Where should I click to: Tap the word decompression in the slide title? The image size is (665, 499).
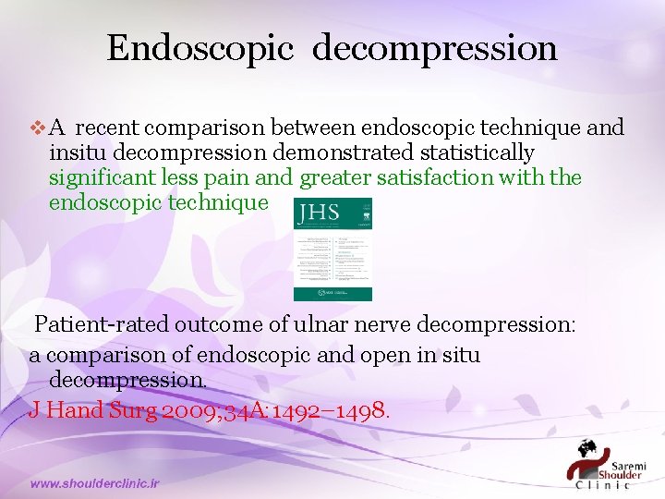click(434, 49)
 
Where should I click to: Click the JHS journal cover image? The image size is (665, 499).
click(332, 249)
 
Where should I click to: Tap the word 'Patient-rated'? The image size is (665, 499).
click(103, 325)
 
